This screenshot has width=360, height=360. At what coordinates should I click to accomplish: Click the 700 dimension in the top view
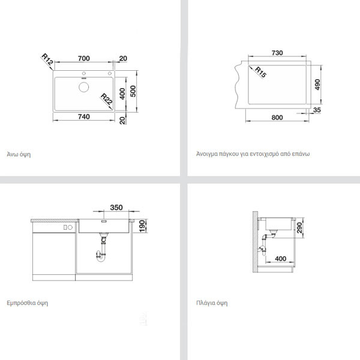point(84,58)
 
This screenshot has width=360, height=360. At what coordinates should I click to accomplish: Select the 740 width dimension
point(84,116)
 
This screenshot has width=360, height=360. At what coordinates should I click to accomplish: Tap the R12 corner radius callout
point(47,59)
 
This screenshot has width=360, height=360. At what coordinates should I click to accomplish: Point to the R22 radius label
point(107,99)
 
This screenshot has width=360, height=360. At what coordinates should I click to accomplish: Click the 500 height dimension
point(133,91)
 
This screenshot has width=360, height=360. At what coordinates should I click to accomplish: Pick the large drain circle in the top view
point(84,87)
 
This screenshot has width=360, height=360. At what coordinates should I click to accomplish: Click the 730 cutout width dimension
point(277,53)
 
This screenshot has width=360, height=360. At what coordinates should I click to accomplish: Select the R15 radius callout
point(260,72)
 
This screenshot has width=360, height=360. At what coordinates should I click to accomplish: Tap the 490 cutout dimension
point(317,85)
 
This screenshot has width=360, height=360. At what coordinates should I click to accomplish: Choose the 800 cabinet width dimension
point(277,118)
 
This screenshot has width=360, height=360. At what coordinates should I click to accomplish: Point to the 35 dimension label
point(317,110)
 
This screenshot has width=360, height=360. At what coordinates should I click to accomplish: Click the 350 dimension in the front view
point(116,208)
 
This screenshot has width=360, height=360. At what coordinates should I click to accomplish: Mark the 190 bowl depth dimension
point(142,226)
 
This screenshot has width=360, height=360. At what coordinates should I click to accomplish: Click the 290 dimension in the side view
point(299,227)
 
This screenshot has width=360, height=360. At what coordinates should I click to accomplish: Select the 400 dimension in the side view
point(281,259)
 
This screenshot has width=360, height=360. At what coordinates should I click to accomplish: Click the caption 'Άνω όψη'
point(19,154)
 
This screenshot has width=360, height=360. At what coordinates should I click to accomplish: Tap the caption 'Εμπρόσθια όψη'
point(28,303)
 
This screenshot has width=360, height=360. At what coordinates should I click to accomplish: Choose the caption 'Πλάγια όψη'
point(212,303)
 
